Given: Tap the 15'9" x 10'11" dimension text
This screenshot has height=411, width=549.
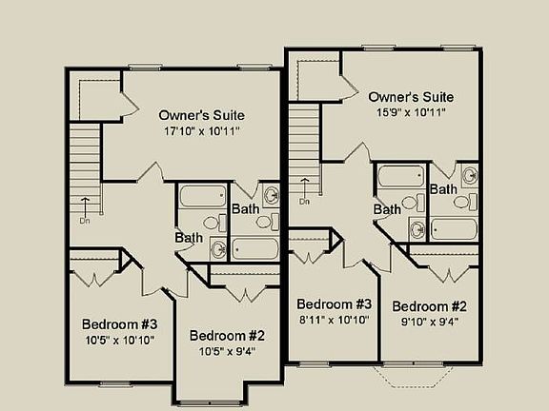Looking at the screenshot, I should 410,112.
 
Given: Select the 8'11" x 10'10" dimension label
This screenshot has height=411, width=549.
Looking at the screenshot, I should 334,320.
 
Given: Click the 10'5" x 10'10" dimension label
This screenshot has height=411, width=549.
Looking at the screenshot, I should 118,339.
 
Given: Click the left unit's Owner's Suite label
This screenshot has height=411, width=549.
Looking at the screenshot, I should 203,114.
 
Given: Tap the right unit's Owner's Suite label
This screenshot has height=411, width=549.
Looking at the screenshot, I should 410,97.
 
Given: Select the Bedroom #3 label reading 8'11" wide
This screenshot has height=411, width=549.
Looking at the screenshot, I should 334,304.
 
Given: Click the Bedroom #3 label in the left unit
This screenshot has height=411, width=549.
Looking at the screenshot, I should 119,323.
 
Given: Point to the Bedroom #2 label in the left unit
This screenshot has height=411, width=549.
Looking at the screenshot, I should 227,335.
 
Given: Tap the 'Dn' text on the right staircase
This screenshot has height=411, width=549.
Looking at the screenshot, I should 304,201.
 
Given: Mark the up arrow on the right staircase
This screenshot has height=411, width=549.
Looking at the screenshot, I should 304,186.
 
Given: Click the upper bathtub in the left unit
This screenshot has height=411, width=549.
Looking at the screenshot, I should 202,197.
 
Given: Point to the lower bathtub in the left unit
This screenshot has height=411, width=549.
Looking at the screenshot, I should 253,249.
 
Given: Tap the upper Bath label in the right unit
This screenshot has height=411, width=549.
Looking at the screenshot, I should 443,189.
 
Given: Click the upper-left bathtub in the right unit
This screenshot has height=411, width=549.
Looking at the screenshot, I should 400,176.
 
